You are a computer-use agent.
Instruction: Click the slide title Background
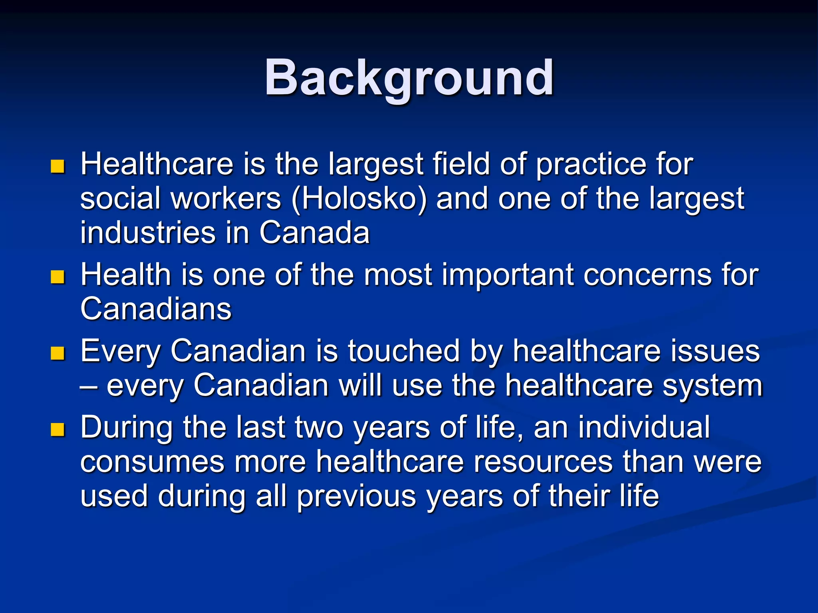point(409,78)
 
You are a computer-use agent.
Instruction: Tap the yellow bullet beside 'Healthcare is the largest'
point(58,166)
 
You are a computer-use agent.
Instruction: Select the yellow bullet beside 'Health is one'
point(58,277)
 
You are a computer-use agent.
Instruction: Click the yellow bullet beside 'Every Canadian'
point(58,353)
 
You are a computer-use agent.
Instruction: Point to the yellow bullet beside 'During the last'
point(58,429)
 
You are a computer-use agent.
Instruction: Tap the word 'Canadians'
point(156,309)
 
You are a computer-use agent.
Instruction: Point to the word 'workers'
point(226,199)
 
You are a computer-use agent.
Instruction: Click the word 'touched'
point(403,351)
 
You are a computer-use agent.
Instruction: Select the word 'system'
point(713,386)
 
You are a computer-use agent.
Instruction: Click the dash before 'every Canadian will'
point(88,386)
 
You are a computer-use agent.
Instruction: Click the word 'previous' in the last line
point(356,496)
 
